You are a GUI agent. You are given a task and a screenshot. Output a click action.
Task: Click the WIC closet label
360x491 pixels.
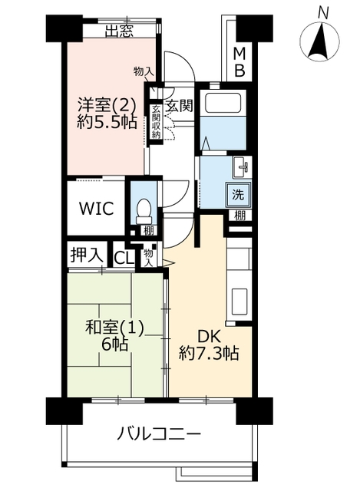click(x=96, y=208)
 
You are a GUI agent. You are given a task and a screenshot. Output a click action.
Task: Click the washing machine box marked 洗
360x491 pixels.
click(x=238, y=195)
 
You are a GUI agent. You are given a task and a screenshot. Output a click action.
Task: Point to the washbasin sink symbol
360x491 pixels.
click(x=242, y=167)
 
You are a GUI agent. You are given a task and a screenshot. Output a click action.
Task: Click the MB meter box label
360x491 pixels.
click(x=239, y=63)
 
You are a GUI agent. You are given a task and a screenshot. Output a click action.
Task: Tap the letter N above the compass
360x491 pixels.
click(x=322, y=14)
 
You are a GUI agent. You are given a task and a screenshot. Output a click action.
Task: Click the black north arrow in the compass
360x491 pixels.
click(x=319, y=41)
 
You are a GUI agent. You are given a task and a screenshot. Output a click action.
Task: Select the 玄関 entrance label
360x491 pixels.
click(x=178, y=106)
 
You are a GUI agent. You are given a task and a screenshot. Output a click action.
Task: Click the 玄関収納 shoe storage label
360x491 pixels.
click(x=156, y=122)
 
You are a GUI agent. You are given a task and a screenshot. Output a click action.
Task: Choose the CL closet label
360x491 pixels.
click(x=124, y=259)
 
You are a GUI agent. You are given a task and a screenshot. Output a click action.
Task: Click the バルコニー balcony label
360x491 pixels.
click(x=159, y=434)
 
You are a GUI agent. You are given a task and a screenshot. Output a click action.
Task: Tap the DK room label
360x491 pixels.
click(x=209, y=338)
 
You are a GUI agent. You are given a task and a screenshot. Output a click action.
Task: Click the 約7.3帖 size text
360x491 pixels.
click(x=209, y=354)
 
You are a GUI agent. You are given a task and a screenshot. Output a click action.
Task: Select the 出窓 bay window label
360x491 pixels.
click(x=120, y=31)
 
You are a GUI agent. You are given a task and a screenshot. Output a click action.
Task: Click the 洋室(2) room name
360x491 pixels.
click(x=107, y=105)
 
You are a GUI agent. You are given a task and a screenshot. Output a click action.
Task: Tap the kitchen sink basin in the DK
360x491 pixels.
click(x=239, y=302)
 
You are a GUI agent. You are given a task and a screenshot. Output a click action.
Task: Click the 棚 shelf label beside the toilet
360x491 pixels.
click(x=149, y=231)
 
